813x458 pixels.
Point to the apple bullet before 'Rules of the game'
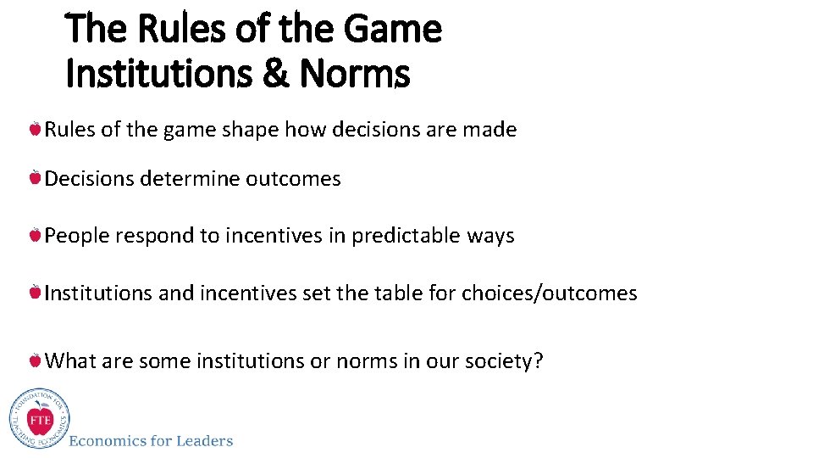click(x=35, y=130)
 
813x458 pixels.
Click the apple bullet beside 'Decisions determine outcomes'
click(x=35, y=179)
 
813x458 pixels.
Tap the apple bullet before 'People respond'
click(x=35, y=235)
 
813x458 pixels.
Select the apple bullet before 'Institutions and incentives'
click(x=35, y=293)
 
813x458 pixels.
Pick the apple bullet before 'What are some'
click(x=35, y=360)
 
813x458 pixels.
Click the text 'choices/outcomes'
click(x=550, y=293)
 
